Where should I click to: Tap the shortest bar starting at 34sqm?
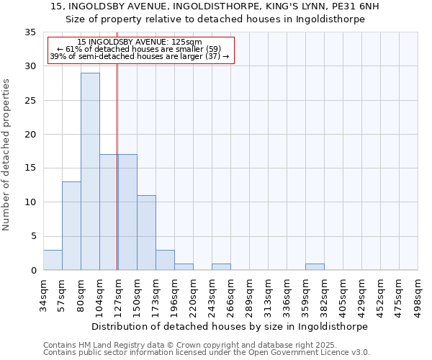[53, 260]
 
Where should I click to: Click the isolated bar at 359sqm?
[315, 266]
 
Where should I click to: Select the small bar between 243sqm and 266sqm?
[221, 266]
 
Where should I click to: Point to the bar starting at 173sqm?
[165, 260]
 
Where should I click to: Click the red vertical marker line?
[117, 166]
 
